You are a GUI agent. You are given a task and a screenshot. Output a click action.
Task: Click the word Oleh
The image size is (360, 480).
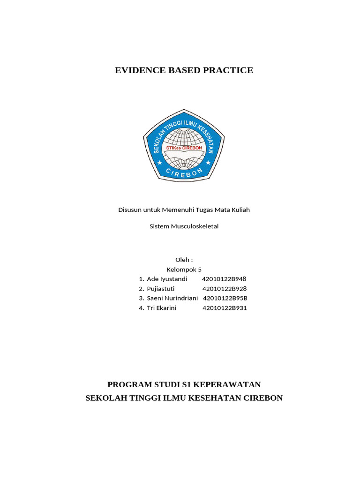tap(183, 260)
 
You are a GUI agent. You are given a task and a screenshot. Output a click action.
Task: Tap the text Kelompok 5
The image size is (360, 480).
tap(184, 270)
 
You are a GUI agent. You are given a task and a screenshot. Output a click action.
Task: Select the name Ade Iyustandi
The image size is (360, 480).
tap(167, 279)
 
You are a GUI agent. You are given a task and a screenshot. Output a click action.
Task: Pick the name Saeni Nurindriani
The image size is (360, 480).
tap(172, 298)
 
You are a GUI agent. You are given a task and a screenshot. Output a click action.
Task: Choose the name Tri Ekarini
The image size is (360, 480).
tap(161, 308)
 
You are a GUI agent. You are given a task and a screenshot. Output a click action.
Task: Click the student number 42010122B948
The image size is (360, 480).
tap(224, 279)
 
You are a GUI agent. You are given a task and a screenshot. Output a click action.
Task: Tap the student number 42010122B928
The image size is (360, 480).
tap(225, 289)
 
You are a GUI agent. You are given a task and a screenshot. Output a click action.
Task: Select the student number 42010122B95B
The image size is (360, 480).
tap(225, 298)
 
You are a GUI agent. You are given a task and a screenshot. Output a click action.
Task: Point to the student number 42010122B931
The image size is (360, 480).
tap(225, 308)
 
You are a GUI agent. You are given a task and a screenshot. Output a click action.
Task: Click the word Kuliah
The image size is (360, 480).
tap(240, 210)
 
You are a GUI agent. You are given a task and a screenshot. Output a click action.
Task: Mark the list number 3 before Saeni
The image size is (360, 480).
tap(141, 298)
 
